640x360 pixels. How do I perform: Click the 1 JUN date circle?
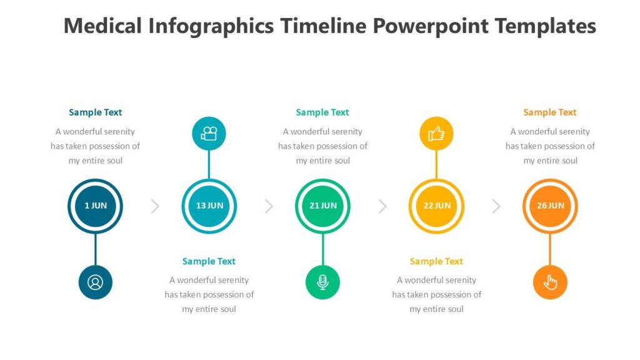[95, 206]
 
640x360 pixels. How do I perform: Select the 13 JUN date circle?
[209, 206]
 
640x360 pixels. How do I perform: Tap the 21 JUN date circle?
[322, 206]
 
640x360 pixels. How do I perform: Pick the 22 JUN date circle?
[436, 206]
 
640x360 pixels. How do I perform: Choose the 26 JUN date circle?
[550, 206]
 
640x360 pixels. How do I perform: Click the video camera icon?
[209, 133]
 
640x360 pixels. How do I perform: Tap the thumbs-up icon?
[436, 133]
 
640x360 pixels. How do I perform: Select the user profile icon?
[95, 282]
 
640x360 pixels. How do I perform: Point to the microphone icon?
[322, 282]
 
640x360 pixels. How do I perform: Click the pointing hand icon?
[550, 282]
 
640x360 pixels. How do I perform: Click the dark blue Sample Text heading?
[95, 112]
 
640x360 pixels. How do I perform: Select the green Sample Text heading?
[322, 112]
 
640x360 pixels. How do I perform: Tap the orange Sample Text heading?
[550, 112]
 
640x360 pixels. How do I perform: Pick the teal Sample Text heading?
[209, 261]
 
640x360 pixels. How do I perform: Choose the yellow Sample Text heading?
[436, 261]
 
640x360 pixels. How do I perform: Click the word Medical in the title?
[103, 26]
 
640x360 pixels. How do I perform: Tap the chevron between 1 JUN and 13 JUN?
[155, 206]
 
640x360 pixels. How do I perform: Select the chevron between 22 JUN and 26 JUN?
[496, 206]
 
